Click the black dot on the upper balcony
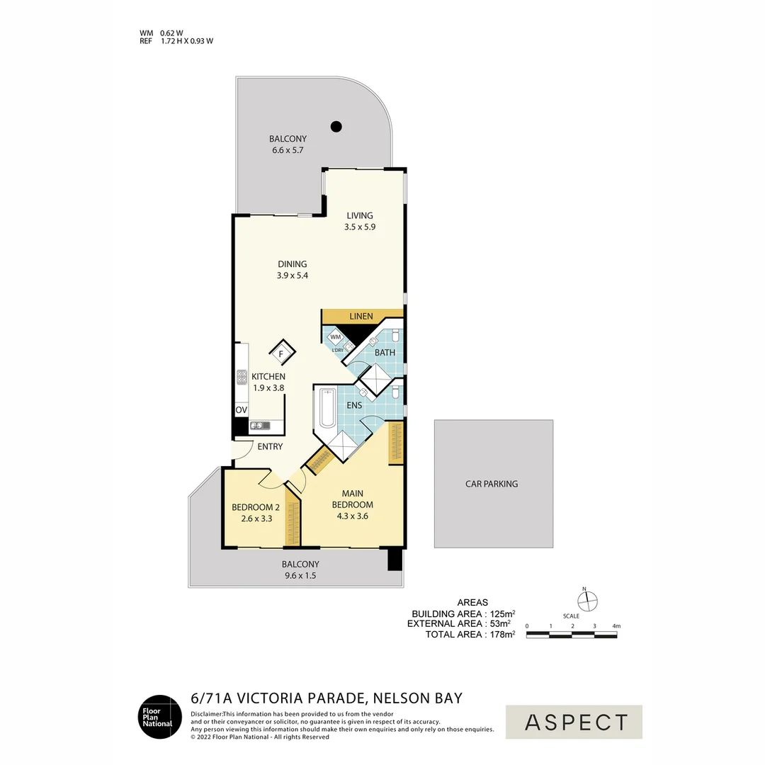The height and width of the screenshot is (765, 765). (336, 127)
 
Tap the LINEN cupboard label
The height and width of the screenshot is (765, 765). (361, 316)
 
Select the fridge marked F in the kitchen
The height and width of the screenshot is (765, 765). (280, 353)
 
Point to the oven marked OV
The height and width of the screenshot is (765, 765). (241, 410)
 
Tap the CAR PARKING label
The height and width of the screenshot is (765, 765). (492, 484)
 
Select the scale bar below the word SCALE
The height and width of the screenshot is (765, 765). (571, 635)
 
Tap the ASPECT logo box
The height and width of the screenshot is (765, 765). (574, 722)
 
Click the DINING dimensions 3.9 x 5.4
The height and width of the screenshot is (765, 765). (293, 276)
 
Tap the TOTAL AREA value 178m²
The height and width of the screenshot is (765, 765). (501, 635)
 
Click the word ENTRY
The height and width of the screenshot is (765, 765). (270, 446)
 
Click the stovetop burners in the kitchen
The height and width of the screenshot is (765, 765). (241, 378)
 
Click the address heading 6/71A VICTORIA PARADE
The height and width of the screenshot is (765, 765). (327, 698)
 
